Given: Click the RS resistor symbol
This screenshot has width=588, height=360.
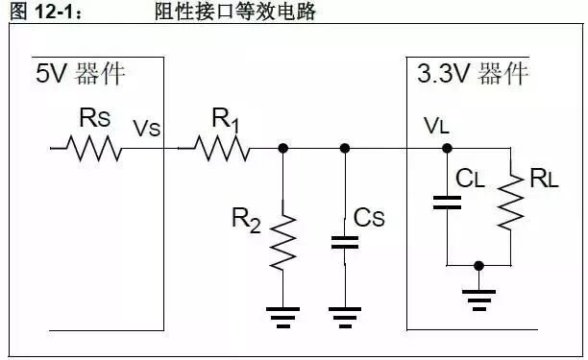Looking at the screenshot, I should coord(93,149).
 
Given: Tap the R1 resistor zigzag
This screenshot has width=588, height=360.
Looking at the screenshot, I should coord(221,149).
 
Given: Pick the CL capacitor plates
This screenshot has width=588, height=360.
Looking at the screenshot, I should coord(447,202).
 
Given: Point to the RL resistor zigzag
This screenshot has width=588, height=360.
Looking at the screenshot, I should coord(508,202).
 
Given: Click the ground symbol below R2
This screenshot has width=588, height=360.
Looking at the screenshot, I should coord(282,316).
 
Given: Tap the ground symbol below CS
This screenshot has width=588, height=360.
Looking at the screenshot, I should coord(344,316).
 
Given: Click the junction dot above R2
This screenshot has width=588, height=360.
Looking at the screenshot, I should coord(282,149).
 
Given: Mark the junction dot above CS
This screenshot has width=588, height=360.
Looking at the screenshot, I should coord(344,149).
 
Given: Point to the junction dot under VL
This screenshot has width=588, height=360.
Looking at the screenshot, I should coord(447,149).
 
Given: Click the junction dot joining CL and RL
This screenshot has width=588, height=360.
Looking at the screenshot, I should coord(478,264).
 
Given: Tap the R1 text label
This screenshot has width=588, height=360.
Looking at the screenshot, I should coord(223,120).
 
